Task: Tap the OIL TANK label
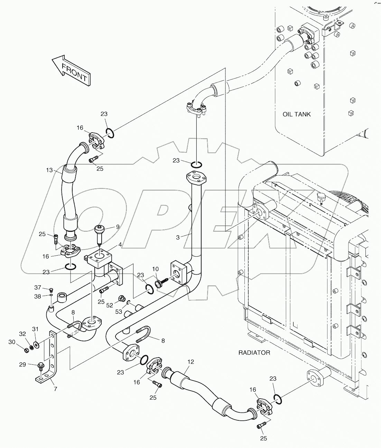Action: pos(296,114)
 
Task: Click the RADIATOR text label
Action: pos(254,353)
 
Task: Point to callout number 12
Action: pos(191,362)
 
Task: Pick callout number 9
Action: pos(118,227)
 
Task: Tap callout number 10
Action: pos(155,269)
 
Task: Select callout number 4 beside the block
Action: pos(120,245)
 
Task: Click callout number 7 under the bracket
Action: pos(55,389)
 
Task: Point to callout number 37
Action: pos(38,287)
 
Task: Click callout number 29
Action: pos(32,365)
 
